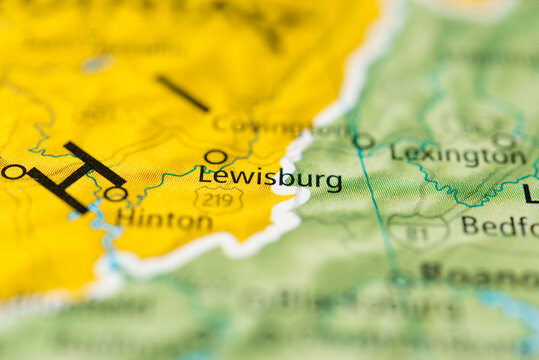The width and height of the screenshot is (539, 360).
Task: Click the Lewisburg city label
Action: point(270,179)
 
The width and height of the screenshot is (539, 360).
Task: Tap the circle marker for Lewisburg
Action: point(215,157)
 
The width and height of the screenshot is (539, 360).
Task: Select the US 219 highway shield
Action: point(218,199)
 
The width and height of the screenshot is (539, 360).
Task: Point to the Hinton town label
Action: point(163,219)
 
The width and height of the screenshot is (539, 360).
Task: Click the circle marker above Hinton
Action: point(116,194)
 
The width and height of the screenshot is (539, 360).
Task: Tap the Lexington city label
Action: point(458,155)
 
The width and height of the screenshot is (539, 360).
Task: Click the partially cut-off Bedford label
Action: point(499,226)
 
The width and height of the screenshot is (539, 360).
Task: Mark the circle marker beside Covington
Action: point(363,141)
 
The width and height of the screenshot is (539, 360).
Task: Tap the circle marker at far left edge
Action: point(13,172)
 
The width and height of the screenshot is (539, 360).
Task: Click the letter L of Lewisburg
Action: point(205,177)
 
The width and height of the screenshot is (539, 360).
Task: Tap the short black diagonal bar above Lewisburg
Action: point(182,93)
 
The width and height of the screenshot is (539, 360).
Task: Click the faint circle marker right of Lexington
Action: point(504,141)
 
